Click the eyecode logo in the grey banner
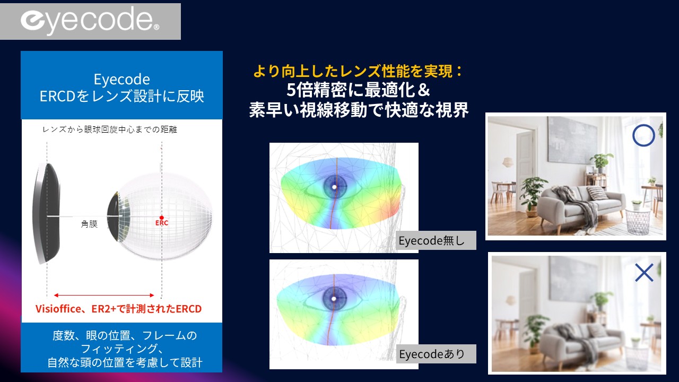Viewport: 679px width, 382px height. pyautogui.click(x=90, y=21)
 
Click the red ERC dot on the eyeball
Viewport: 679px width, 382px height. pyautogui.click(x=162, y=218)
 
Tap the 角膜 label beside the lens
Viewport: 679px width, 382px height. pyautogui.click(x=89, y=224)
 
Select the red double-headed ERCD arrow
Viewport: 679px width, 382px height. pyautogui.click(x=104, y=295)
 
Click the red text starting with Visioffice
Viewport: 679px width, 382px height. pyautogui.click(x=118, y=309)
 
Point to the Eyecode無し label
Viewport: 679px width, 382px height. pyautogui.click(x=432, y=241)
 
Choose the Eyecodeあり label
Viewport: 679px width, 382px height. pyautogui.click(x=432, y=354)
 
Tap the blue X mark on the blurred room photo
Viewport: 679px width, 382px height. pyautogui.click(x=644, y=273)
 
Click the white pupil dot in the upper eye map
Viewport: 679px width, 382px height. pyautogui.click(x=334, y=187)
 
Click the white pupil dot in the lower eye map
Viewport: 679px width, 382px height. pyautogui.click(x=334, y=299)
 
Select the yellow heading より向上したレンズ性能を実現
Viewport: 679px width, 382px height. pyautogui.click(x=358, y=71)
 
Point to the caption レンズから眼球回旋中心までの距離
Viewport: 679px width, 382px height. pyautogui.click(x=109, y=130)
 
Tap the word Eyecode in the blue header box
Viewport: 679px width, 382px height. pyautogui.click(x=121, y=80)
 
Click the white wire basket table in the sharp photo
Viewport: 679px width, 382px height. pyautogui.click(x=638, y=221)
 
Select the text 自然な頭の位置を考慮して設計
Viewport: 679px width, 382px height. pyautogui.click(x=125, y=362)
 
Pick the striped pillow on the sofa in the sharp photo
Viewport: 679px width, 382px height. pyautogui.click(x=597, y=193)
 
